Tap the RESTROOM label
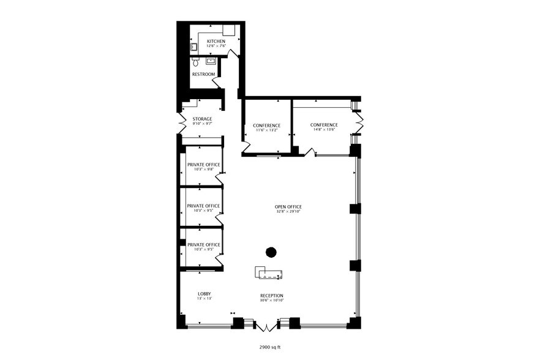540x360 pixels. tap(203, 74)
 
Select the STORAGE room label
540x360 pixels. tap(202, 119)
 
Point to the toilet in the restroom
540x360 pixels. tap(195, 62)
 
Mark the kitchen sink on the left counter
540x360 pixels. tap(193, 46)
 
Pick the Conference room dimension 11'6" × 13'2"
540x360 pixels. tap(266, 130)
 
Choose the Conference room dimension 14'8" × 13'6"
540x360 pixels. tap(324, 129)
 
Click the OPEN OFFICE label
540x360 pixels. tap(288, 206)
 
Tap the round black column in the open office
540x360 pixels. tap(271, 251)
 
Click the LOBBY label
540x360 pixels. tap(204, 294)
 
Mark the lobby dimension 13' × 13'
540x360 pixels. tap(204, 299)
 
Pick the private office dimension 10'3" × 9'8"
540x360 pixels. tap(203, 168)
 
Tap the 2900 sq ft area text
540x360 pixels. tap(269, 347)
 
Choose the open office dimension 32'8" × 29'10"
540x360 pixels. tap(288, 211)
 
